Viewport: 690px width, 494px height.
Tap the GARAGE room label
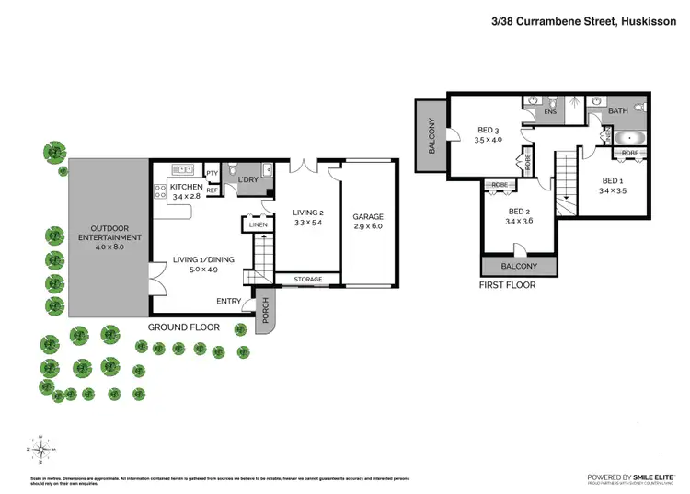click(368, 218)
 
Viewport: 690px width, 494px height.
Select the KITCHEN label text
click(187, 188)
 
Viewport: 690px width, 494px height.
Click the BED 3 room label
click(488, 130)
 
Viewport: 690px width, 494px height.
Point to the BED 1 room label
click(613, 180)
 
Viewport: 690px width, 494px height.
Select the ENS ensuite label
click(550, 111)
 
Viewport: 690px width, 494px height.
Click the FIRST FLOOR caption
click(506, 285)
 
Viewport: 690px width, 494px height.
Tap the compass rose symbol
click(40, 449)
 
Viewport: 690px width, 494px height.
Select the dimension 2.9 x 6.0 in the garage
click(368, 228)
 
